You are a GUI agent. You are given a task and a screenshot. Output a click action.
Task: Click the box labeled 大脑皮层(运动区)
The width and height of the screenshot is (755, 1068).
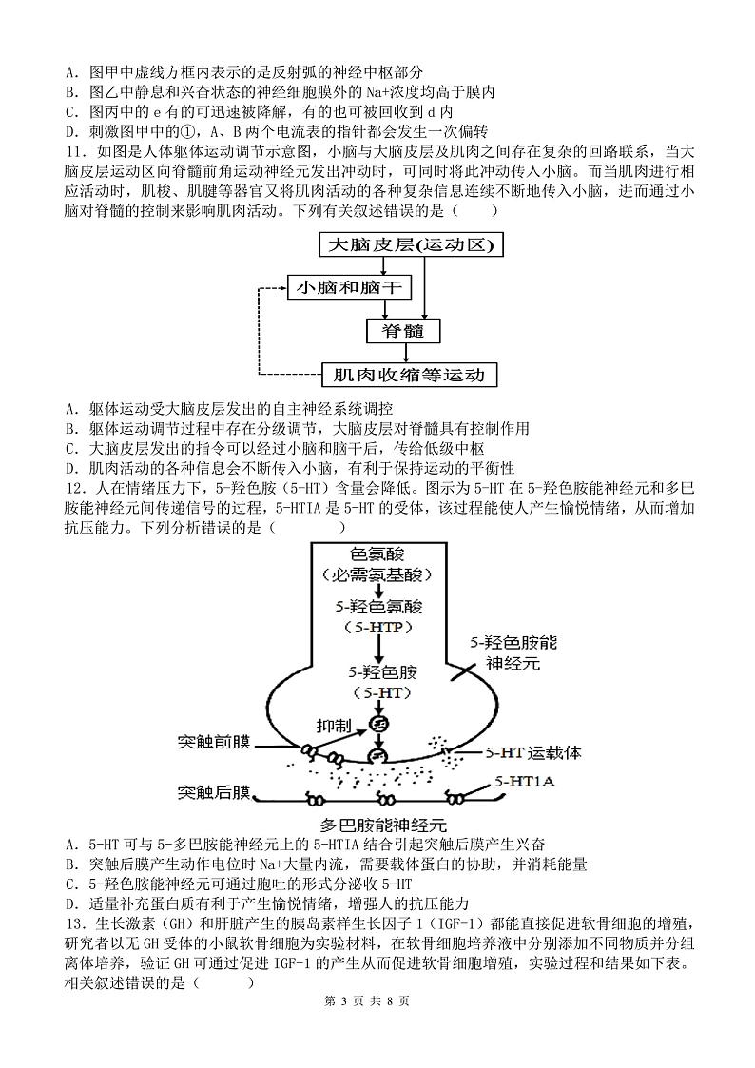click(411, 245)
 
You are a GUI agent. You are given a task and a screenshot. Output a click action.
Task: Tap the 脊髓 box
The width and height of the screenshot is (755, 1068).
click(403, 331)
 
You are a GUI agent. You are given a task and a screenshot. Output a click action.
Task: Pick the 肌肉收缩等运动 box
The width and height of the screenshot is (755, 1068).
click(410, 375)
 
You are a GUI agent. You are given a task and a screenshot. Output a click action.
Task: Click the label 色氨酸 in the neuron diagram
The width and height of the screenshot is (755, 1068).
click(377, 553)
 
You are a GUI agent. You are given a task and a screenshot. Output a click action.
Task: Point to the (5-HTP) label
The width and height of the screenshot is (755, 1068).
click(377, 627)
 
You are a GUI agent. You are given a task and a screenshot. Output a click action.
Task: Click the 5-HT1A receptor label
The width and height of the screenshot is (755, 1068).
click(525, 781)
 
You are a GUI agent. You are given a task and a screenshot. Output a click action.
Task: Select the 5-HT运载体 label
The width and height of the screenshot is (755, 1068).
click(532, 752)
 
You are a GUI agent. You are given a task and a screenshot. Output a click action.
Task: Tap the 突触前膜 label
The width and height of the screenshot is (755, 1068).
click(213, 741)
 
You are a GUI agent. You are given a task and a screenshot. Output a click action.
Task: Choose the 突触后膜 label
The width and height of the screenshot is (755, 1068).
click(213, 791)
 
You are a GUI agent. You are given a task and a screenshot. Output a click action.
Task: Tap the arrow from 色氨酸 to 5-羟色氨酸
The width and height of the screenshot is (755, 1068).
click(377, 592)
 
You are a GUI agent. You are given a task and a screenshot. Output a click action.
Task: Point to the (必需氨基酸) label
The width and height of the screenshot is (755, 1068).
click(377, 574)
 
